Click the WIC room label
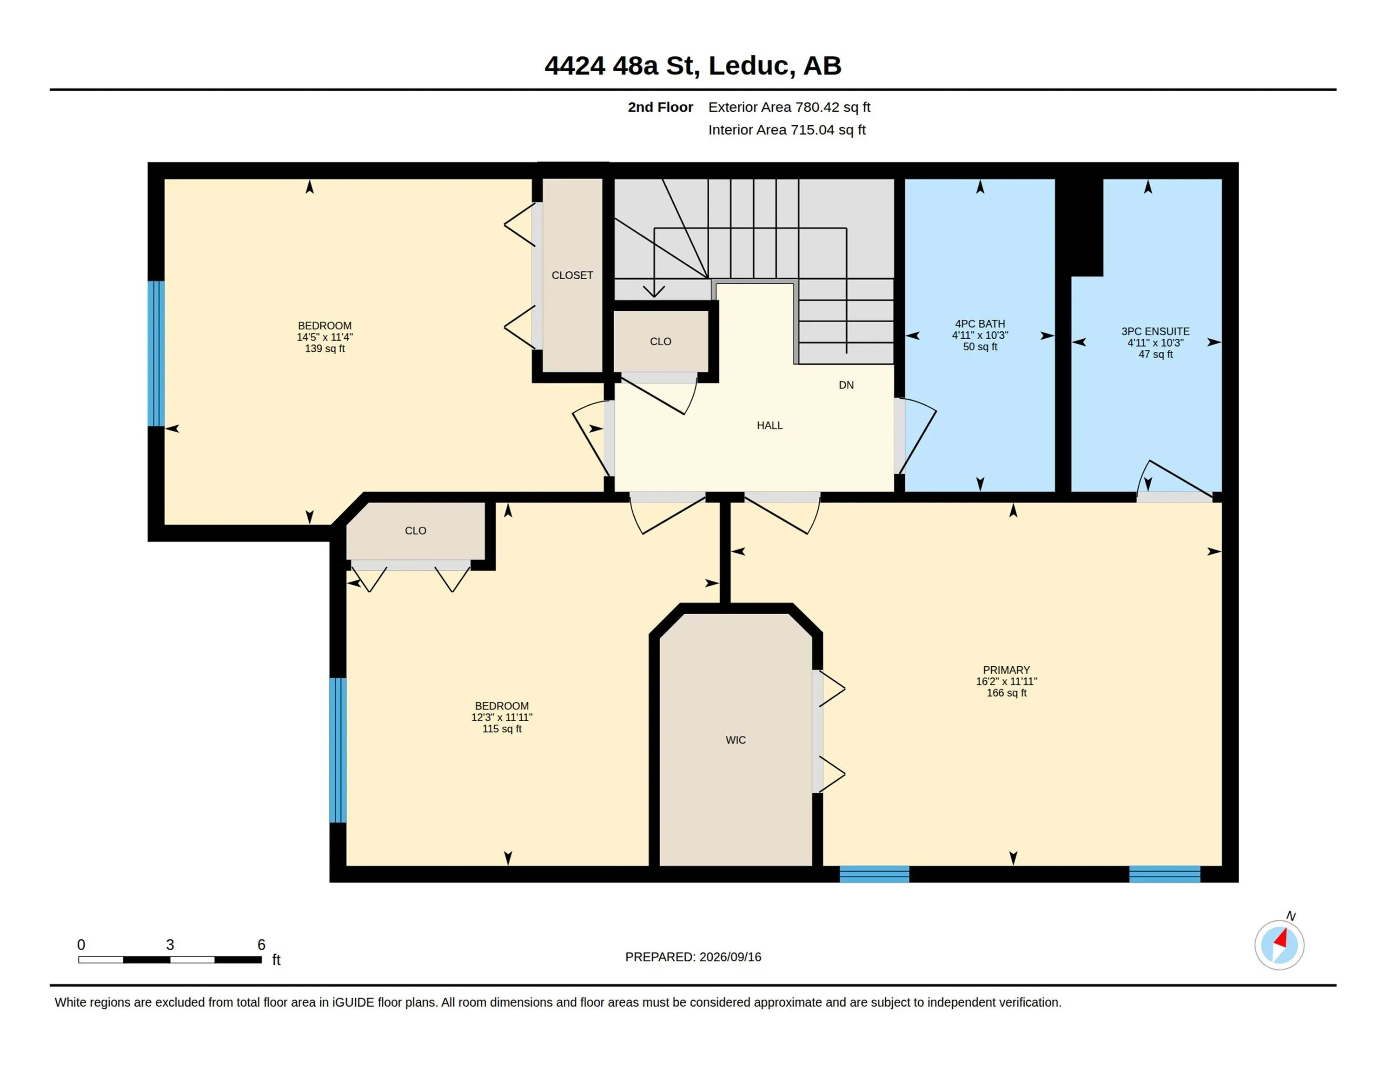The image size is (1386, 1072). (736, 740)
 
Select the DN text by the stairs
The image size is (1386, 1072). (846, 385)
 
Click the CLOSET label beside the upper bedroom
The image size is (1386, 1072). (572, 275)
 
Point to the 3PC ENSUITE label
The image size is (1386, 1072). (1155, 331)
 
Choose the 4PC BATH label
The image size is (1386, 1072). (980, 323)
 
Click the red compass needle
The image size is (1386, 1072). (1281, 938)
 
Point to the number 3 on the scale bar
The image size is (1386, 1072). (170, 945)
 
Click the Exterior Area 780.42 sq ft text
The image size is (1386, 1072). (789, 107)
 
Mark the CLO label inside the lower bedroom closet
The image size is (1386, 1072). (415, 530)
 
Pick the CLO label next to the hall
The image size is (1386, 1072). (660, 341)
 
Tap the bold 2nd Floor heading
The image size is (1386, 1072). (660, 107)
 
